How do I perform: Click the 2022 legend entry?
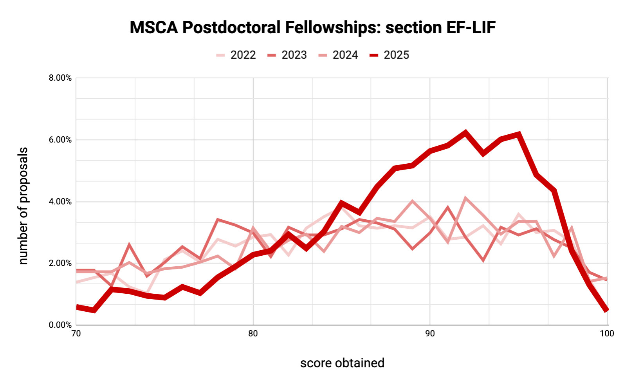tap(236, 55)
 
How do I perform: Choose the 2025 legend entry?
tap(390, 55)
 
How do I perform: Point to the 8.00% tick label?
tap(60, 78)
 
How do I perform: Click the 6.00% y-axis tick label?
tap(60, 140)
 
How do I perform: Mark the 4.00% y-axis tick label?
tap(60, 202)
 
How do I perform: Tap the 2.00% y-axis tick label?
tap(60, 263)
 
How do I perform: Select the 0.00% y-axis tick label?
tap(60, 325)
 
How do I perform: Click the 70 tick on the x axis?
tap(76, 334)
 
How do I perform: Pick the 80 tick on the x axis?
tap(253, 334)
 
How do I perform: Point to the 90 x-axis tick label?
tap(430, 334)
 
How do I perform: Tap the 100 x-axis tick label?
tap(607, 334)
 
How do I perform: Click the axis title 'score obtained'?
tap(342, 363)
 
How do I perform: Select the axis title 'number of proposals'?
tap(23, 206)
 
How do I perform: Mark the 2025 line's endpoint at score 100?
tap(606, 310)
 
